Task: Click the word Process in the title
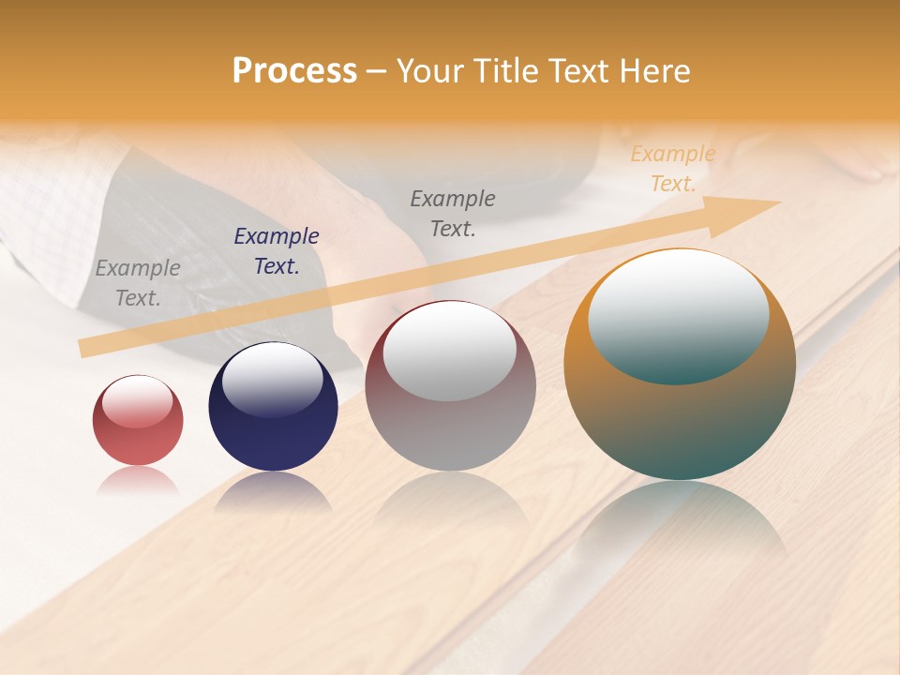click(294, 71)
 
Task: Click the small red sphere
click(138, 420)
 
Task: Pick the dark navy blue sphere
click(273, 406)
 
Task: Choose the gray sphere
click(450, 385)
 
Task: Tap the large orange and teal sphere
click(680, 364)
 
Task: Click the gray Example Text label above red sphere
click(138, 283)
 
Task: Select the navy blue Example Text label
click(277, 251)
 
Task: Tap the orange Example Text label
click(672, 169)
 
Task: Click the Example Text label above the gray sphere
click(453, 214)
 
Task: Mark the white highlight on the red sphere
click(137, 401)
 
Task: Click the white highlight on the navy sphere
click(273, 378)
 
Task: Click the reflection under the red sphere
click(138, 480)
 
